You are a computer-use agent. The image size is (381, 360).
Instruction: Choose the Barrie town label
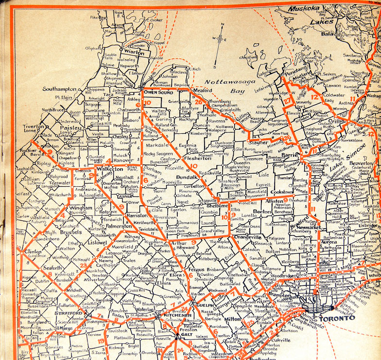tap(290, 155)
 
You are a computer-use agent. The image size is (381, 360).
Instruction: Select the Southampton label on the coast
tap(60, 90)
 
